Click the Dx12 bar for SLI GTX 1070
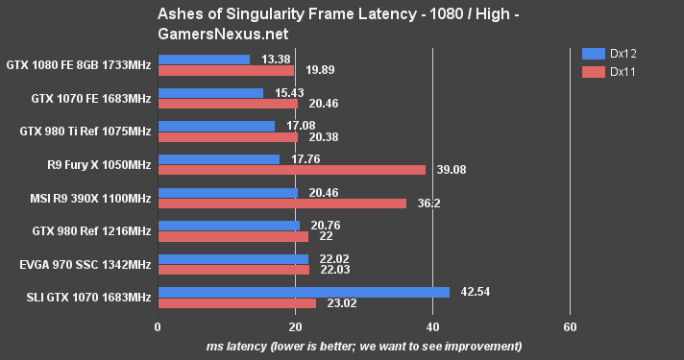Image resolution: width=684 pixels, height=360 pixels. (303, 292)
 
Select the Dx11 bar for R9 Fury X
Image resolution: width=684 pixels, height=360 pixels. (291, 170)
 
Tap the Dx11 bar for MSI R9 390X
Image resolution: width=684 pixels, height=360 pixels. (281, 204)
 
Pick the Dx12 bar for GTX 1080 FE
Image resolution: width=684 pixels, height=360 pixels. (203, 60)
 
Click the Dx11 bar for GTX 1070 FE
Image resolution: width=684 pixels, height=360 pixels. (228, 104)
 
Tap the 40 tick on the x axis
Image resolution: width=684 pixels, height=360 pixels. (432, 325)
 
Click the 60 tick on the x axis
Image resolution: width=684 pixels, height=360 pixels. (570, 325)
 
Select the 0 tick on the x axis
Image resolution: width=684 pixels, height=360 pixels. (158, 325)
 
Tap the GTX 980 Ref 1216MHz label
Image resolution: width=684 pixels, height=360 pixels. (85, 230)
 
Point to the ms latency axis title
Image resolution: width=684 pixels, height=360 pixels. (364, 346)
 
